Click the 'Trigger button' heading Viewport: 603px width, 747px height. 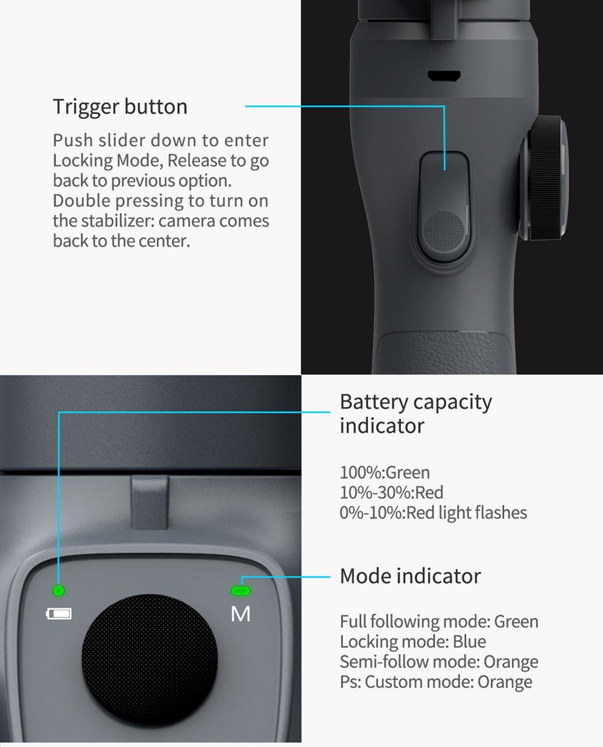pyautogui.click(x=120, y=107)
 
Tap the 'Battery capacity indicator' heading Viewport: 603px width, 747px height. pyautogui.click(x=415, y=414)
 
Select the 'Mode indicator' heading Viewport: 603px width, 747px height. pyautogui.click(x=410, y=576)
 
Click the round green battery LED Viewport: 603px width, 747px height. pyautogui.click(x=58, y=591)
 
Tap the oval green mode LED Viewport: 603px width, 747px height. pyautogui.click(x=241, y=591)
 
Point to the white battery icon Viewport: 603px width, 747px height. pyautogui.click(x=59, y=614)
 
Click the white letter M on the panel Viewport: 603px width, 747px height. pyautogui.click(x=241, y=614)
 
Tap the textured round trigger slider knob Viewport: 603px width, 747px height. pyautogui.click(x=444, y=232)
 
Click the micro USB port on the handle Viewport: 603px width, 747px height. pyautogui.click(x=444, y=75)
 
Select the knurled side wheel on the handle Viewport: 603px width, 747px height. pyautogui.click(x=543, y=179)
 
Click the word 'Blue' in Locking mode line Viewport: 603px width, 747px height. pyautogui.click(x=469, y=641)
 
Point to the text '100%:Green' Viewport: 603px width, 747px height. pyautogui.click(x=385, y=473)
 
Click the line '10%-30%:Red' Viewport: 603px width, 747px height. pyautogui.click(x=391, y=493)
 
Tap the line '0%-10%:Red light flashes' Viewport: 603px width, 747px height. pyautogui.click(x=433, y=512)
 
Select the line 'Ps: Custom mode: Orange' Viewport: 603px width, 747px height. pyautogui.click(x=436, y=682)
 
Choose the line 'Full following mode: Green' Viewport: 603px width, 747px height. pyautogui.click(x=439, y=622)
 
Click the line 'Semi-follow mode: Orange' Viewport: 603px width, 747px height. pyautogui.click(x=439, y=662)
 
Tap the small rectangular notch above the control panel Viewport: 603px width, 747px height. pyautogui.click(x=150, y=502)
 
